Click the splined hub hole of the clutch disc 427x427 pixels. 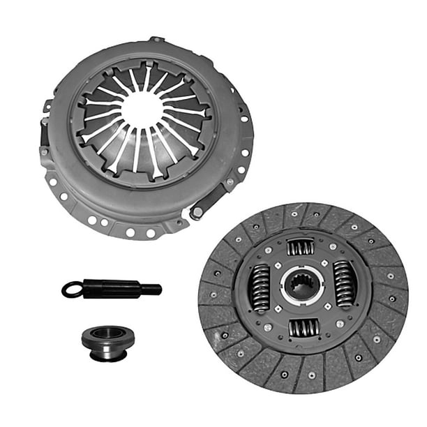(x=302, y=287)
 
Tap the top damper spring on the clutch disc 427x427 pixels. (x=301, y=246)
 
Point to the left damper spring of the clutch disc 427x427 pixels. (x=260, y=287)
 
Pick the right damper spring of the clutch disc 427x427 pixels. (x=343, y=284)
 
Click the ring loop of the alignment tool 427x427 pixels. (x=72, y=289)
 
